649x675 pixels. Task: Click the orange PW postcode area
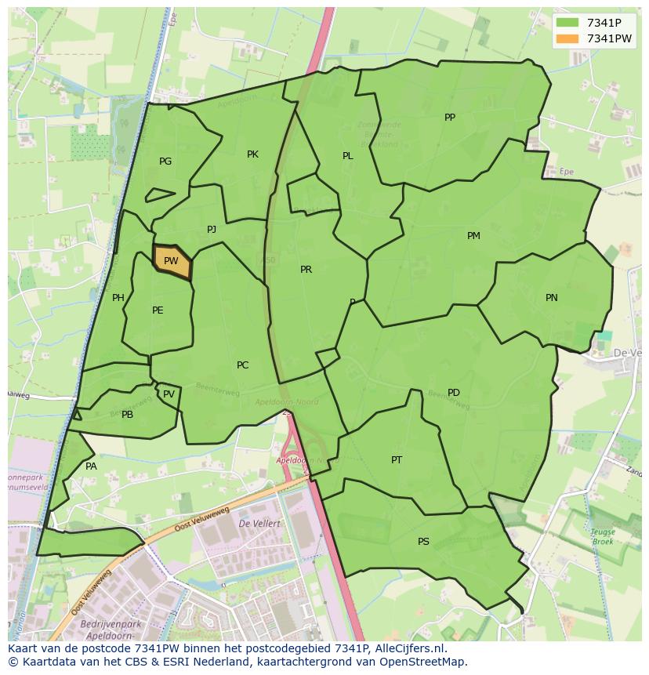click(172, 260)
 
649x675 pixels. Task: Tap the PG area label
click(165, 161)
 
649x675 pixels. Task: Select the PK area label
click(252, 154)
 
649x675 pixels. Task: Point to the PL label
click(348, 156)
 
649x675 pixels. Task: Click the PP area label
click(450, 118)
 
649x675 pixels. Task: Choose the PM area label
click(473, 236)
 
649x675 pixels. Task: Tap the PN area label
click(552, 298)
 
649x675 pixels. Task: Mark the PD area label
click(454, 393)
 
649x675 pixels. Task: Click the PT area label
click(397, 460)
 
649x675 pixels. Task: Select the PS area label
click(423, 542)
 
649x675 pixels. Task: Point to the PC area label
click(242, 365)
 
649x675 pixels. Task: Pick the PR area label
click(306, 270)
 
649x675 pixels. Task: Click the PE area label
click(158, 310)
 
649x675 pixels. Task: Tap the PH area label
click(118, 298)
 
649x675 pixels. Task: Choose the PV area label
click(169, 394)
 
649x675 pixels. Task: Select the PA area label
click(91, 466)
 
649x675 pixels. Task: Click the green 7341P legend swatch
click(567, 23)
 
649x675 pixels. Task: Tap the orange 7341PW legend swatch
click(567, 38)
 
